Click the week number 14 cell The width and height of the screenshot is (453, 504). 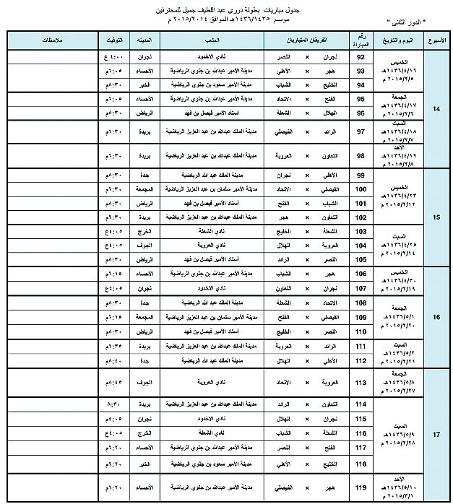pyautogui.click(x=436, y=108)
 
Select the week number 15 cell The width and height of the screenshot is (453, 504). pyautogui.click(x=436, y=217)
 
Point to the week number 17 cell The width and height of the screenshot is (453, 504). pyautogui.click(x=436, y=435)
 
